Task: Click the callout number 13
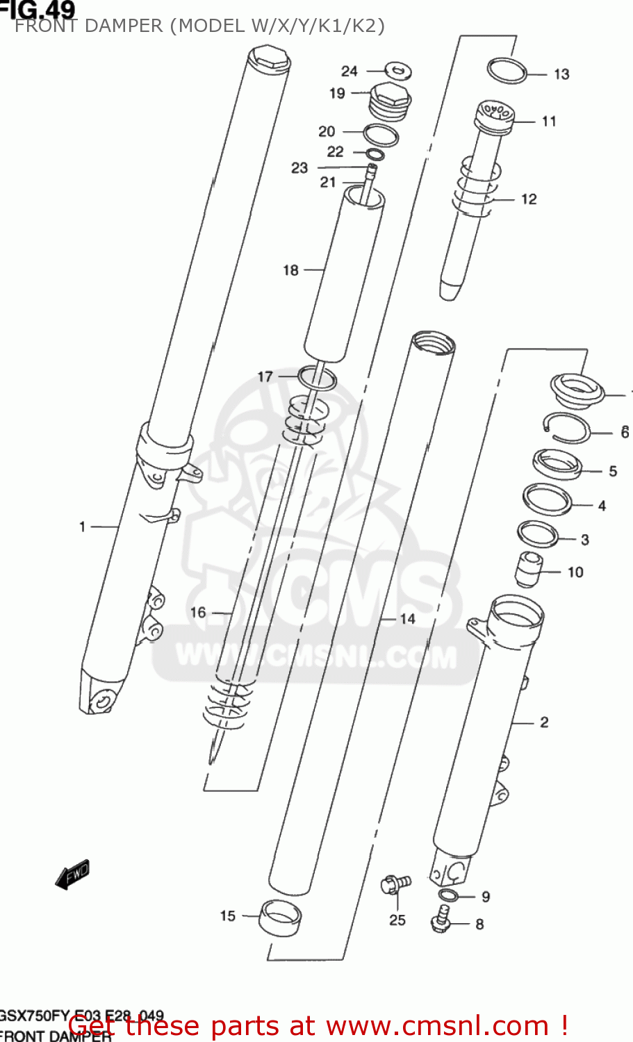[x=561, y=74]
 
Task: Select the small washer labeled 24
[x=398, y=69]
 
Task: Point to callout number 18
[x=290, y=270]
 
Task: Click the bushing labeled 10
[x=528, y=569]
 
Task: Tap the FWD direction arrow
[x=73, y=875]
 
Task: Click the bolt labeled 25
[x=395, y=884]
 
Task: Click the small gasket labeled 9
[x=448, y=895]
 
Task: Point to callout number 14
[x=407, y=618]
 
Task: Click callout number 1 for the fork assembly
[x=82, y=527]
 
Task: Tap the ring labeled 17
[x=318, y=379]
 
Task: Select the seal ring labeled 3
[x=539, y=534]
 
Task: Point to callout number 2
[x=544, y=722]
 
